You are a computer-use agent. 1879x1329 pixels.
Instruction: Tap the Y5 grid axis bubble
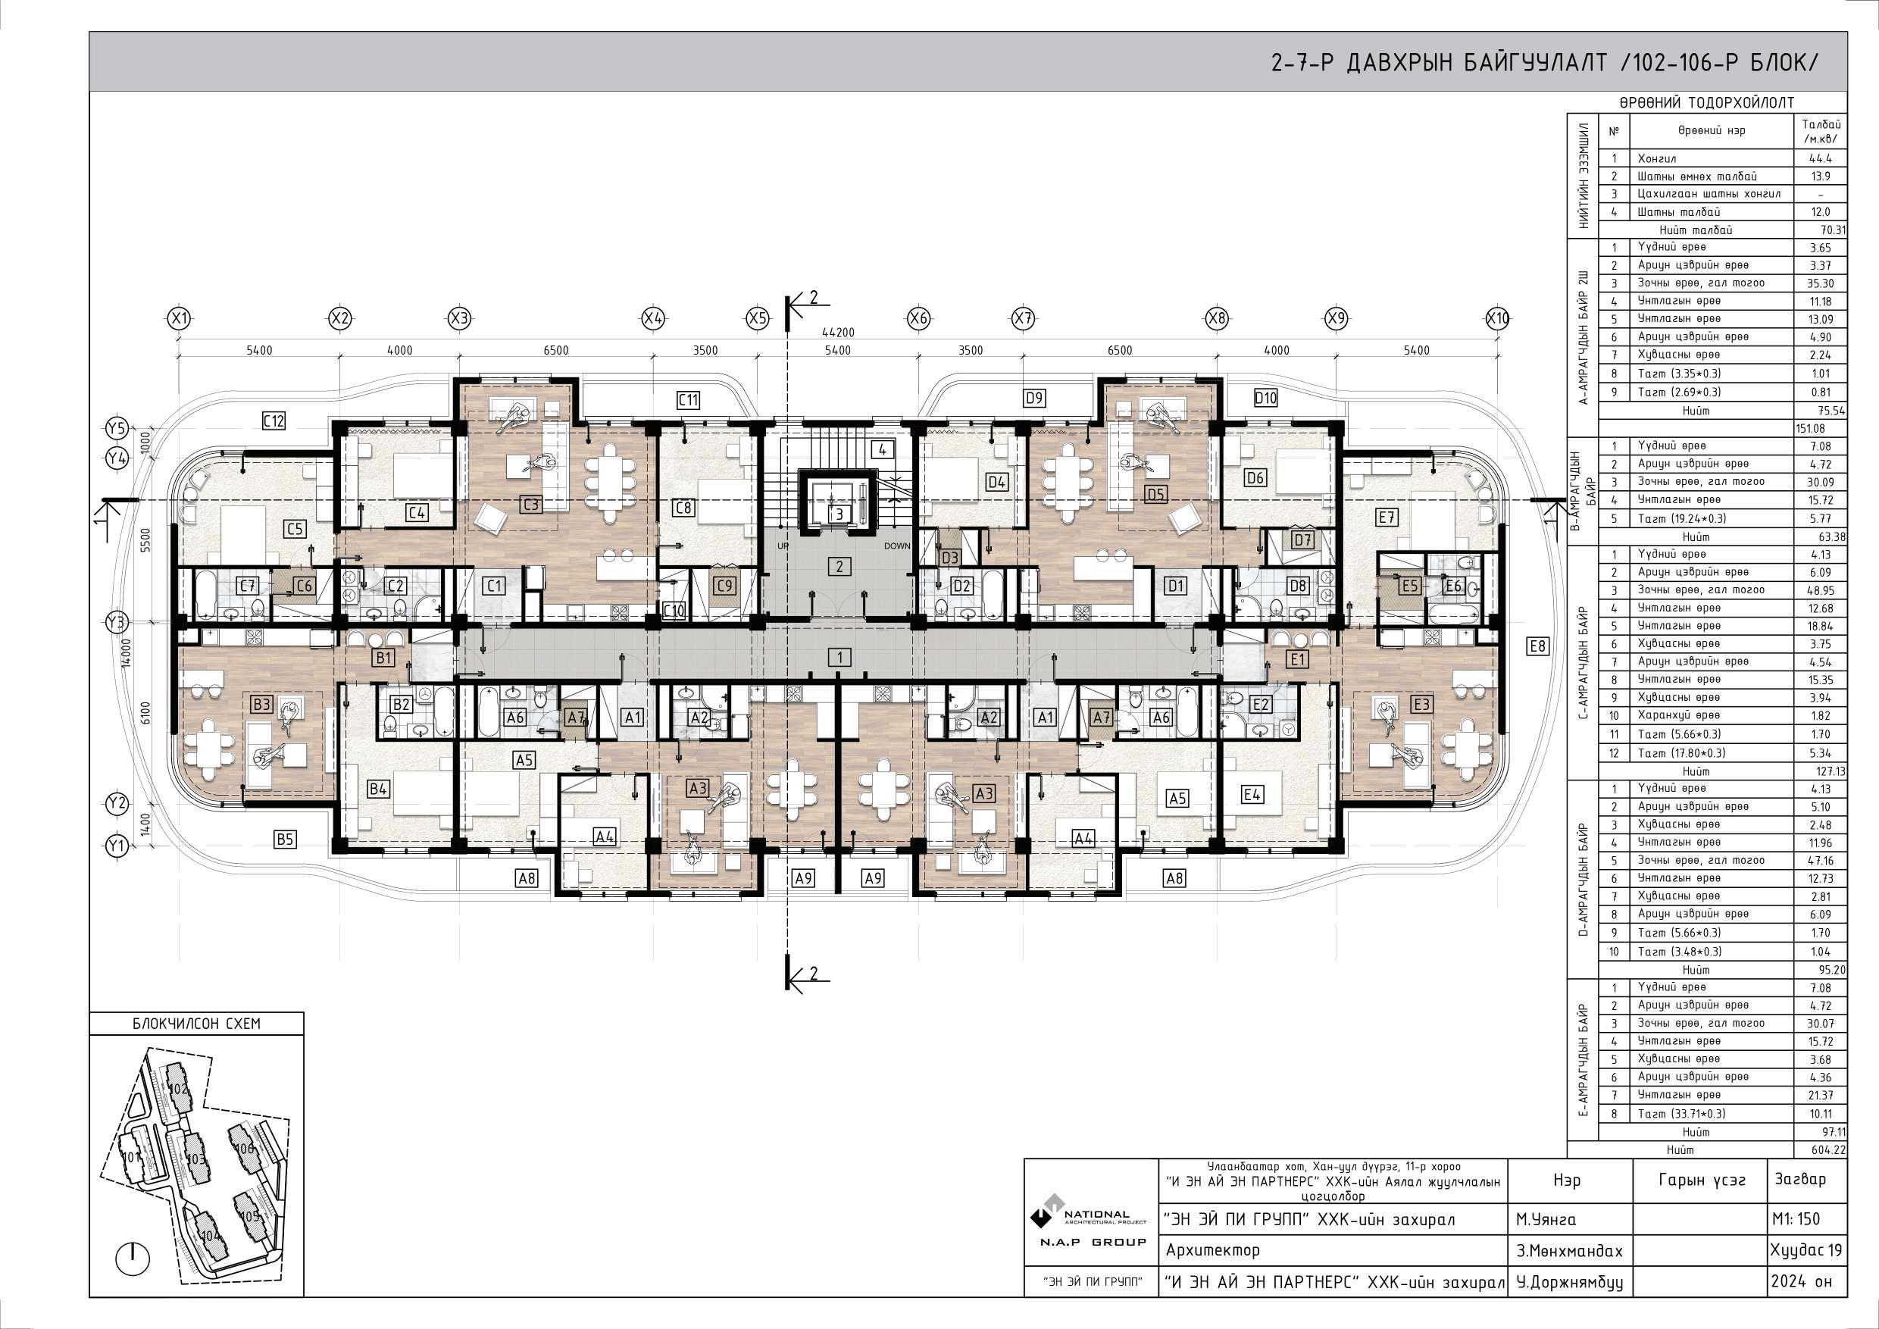pos(117,428)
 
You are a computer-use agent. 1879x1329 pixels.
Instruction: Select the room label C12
pos(274,421)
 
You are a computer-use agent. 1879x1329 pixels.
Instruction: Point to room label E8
pos(1538,646)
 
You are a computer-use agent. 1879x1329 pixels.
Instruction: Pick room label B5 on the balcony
pos(285,839)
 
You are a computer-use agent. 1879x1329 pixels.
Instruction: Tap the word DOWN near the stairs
pos(896,546)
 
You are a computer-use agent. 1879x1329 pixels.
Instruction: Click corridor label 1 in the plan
pos(839,656)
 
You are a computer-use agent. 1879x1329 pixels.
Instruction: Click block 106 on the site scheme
pos(244,1148)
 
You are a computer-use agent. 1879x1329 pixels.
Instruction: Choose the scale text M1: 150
pos(1796,1218)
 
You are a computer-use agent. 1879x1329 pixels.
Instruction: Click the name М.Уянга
pos(1545,1219)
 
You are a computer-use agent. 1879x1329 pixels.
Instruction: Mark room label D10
pos(1265,398)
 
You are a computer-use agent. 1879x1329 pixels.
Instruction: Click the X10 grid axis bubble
pos(1498,318)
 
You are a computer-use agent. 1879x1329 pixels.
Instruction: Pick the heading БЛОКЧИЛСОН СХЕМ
pos(196,1024)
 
